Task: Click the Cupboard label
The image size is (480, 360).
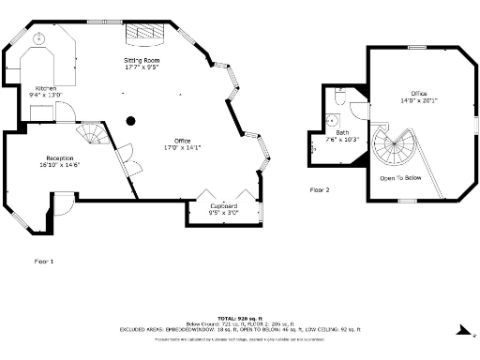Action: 223,205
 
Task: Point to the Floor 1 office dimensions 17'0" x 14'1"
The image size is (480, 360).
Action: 182,147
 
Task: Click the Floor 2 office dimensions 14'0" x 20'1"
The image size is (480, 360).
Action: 419,100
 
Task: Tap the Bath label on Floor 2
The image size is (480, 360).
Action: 342,132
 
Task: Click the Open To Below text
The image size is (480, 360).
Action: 400,177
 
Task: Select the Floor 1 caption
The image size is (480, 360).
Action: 44,261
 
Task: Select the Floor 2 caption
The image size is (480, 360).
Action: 320,189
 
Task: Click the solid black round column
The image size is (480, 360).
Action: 131,120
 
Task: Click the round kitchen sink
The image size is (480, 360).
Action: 40,39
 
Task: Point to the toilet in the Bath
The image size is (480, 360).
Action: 340,97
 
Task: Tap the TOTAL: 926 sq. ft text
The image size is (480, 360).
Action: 240,318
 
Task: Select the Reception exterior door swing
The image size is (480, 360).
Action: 62,202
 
